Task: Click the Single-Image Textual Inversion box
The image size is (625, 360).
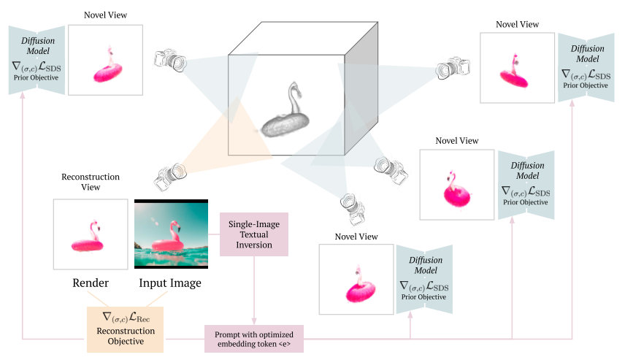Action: (x=255, y=234)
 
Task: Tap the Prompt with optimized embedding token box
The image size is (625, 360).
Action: (x=253, y=339)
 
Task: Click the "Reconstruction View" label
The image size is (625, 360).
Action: (x=90, y=182)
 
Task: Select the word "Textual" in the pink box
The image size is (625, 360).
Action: (x=255, y=234)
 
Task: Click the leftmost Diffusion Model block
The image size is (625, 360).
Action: (x=37, y=61)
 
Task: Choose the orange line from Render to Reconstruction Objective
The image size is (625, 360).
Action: (x=99, y=299)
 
